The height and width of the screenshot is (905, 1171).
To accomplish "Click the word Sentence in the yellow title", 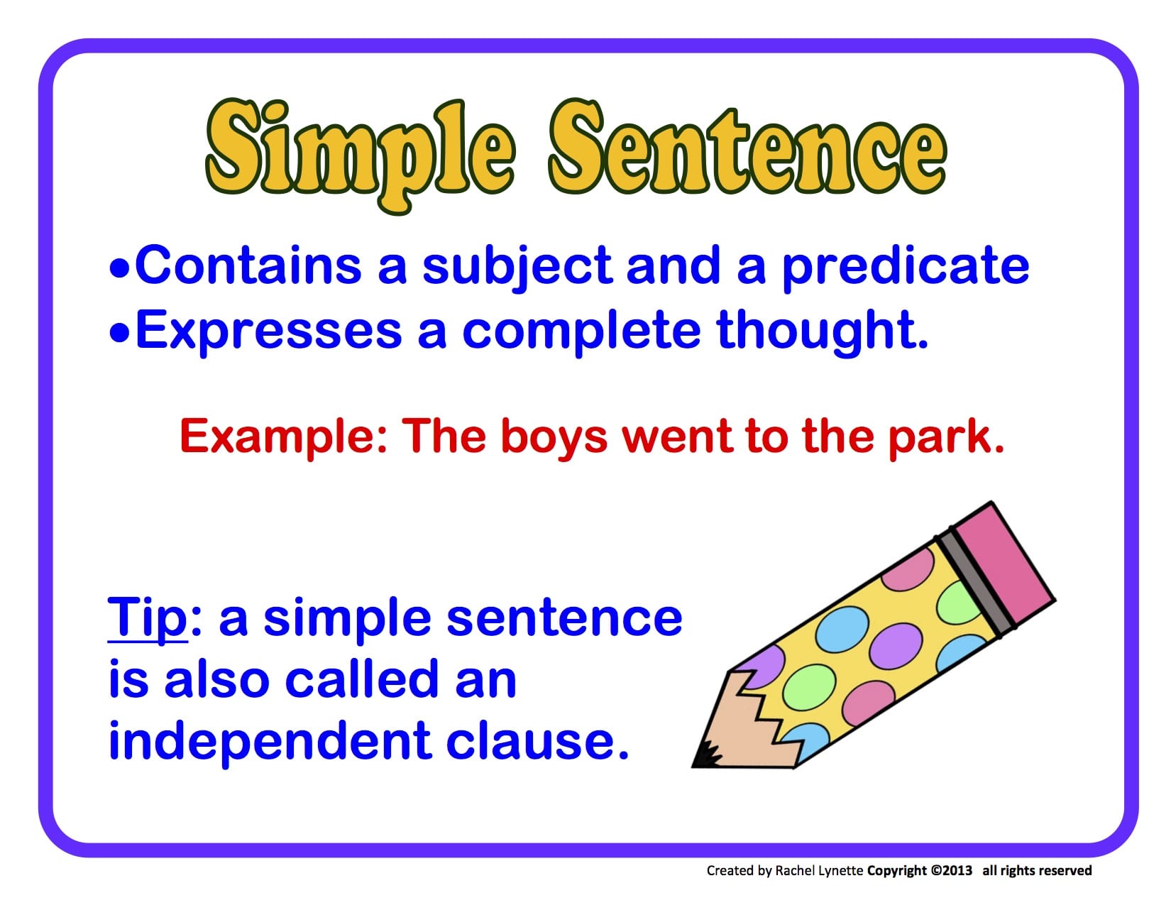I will pos(747,151).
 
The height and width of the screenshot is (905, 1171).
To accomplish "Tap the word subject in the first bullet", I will pos(517,267).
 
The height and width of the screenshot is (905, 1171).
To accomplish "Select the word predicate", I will pos(905,267).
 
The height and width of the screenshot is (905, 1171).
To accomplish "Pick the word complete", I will pos(581,331).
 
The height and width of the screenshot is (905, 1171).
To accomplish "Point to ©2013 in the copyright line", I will pos(951,870).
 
